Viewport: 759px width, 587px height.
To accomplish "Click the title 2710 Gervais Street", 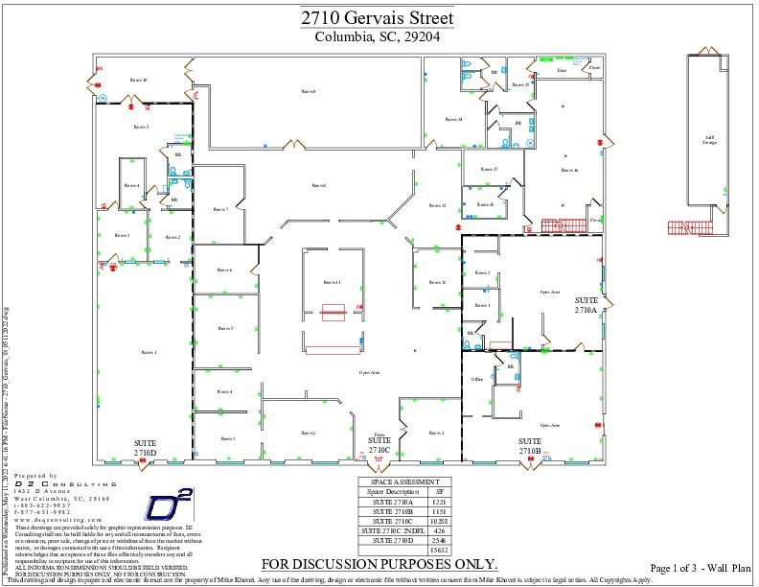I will [377, 18].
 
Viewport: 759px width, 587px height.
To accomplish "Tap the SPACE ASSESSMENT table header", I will [404, 481].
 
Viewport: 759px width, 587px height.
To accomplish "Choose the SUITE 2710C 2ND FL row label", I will [390, 530].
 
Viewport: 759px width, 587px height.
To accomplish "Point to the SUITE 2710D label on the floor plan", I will [146, 447].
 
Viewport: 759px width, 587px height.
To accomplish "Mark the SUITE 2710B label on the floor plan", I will [531, 446].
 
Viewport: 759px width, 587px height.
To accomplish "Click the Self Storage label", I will [710, 140].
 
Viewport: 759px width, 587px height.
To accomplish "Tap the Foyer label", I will [379, 434].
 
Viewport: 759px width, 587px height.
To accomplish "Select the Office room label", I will [476, 380].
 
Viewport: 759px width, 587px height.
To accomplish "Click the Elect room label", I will [563, 70].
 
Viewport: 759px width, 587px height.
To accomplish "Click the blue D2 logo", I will [169, 505].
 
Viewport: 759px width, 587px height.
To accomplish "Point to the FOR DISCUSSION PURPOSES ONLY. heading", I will [379, 564].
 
